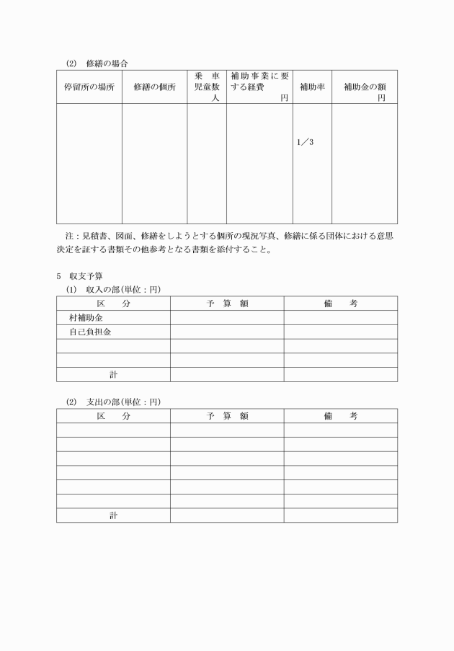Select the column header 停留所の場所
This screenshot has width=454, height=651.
pyautogui.click(x=89, y=87)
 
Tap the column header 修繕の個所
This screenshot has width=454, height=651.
pyautogui.click(x=154, y=87)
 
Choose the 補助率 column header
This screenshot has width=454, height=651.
pyautogui.click(x=311, y=87)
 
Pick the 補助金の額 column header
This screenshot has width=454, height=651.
pyautogui.click(x=365, y=87)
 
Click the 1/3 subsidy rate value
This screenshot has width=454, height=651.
pyautogui.click(x=306, y=142)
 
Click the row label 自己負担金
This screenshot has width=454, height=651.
pyautogui.click(x=90, y=332)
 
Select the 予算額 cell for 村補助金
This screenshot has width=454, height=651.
pyautogui.click(x=227, y=318)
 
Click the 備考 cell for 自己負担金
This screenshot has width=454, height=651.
pyautogui.click(x=340, y=332)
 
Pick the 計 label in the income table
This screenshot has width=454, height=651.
pyautogui.click(x=114, y=375)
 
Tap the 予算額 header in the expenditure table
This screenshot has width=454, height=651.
pyautogui.click(x=227, y=416)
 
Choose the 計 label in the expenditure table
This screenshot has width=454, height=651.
pyautogui.click(x=114, y=516)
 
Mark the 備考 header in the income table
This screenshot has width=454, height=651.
pyautogui.click(x=340, y=304)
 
